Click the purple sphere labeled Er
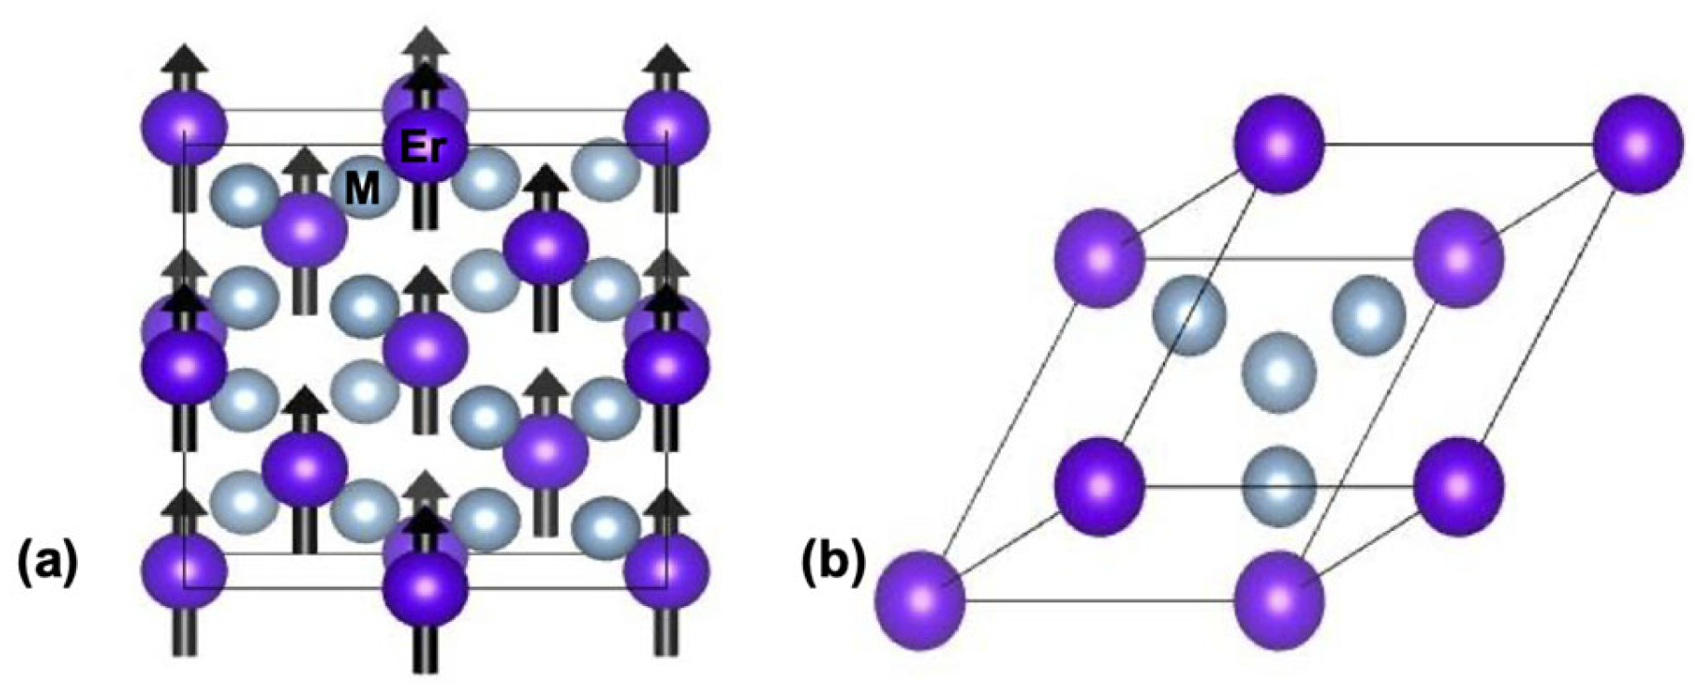click(x=425, y=145)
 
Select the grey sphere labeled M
click(x=363, y=189)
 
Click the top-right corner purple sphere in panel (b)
click(x=1637, y=145)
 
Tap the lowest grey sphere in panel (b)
click(x=1279, y=483)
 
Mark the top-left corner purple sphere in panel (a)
click(x=184, y=124)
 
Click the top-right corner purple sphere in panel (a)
click(x=666, y=124)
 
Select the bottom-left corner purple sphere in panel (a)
click(x=184, y=568)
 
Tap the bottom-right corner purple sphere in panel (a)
click(x=666, y=568)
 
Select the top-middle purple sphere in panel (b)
click(x=1278, y=145)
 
